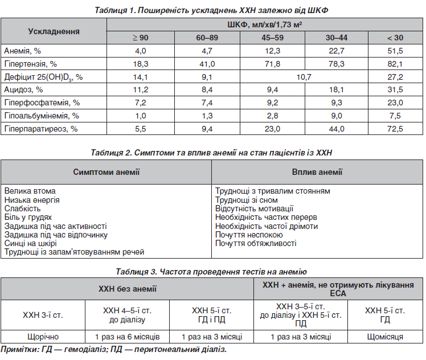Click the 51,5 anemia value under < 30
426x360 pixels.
[x=395, y=51]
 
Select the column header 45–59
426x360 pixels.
[x=272, y=38]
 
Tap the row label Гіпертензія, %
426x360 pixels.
[x=30, y=64]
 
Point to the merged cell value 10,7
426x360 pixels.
[x=304, y=77]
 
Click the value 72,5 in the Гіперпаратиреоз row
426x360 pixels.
[x=395, y=129]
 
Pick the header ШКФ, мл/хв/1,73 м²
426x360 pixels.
[x=265, y=24]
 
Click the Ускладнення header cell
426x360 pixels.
[x=54, y=31]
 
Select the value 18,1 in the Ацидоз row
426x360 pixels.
[x=337, y=89]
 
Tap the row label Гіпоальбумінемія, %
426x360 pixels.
[x=42, y=116]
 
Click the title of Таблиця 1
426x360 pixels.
[x=211, y=10]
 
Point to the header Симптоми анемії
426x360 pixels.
[x=106, y=172]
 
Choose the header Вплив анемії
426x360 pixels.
[x=317, y=172]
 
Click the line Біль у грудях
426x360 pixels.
[x=28, y=218]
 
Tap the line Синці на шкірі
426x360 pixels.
[x=30, y=243]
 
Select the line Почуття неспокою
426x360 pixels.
[x=249, y=235]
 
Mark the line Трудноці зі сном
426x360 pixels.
[x=247, y=200]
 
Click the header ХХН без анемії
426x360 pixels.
[x=128, y=289]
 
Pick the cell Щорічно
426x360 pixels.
[x=43, y=337]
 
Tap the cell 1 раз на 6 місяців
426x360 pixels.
[x=127, y=337]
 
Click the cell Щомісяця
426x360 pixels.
[x=385, y=337]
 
